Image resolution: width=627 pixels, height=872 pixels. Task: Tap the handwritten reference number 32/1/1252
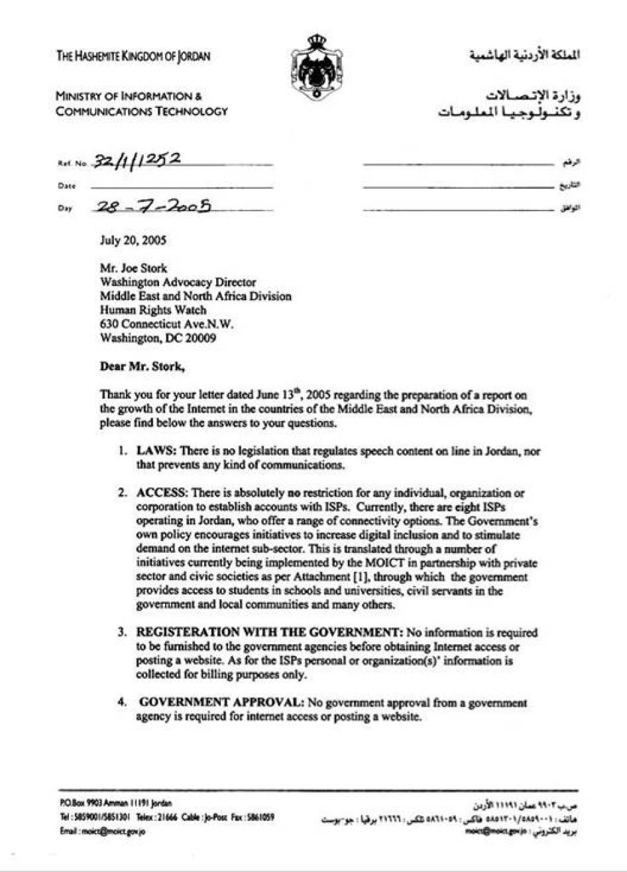click(137, 160)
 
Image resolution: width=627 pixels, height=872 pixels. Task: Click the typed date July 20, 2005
click(133, 240)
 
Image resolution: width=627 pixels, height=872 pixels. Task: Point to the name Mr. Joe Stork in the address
click(133, 268)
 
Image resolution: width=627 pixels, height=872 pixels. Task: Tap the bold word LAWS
click(156, 451)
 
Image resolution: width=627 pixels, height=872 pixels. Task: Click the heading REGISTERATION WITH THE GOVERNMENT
click(270, 632)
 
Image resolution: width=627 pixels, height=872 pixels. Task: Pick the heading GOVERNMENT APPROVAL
click(221, 702)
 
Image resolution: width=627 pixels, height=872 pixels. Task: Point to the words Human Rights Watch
click(152, 310)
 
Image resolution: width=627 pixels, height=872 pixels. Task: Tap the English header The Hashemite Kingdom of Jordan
click(133, 56)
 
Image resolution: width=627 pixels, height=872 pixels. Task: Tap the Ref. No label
click(73, 163)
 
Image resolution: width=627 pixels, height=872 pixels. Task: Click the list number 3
click(122, 632)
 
